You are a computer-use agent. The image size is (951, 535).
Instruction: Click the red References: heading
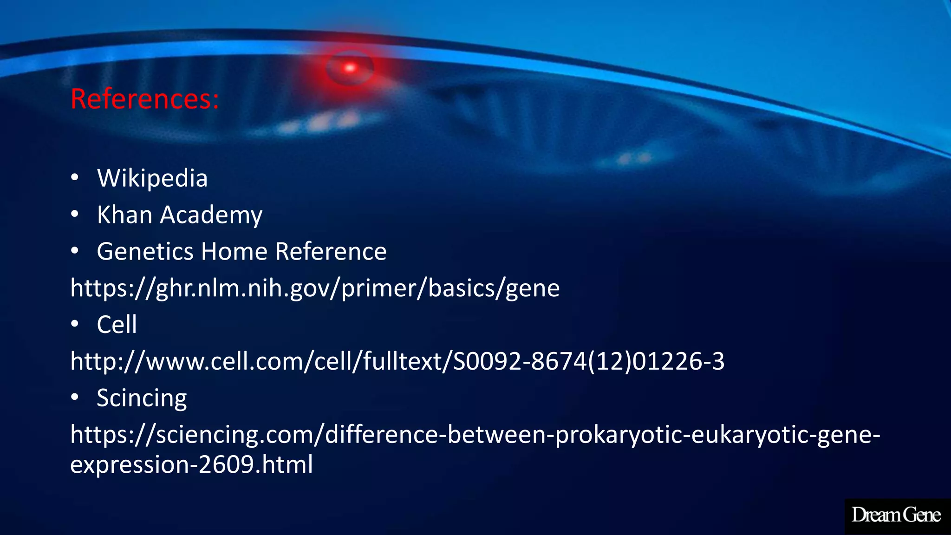(x=144, y=99)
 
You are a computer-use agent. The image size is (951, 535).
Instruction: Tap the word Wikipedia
(x=152, y=178)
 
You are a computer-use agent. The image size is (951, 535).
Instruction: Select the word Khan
(x=124, y=215)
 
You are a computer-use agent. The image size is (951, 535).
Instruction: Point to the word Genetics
(x=145, y=252)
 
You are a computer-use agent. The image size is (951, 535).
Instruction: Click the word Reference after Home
(x=331, y=252)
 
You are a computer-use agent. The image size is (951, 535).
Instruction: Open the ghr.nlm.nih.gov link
(x=315, y=288)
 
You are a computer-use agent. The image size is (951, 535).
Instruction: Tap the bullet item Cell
(x=117, y=325)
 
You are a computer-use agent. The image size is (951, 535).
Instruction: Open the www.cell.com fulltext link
(x=397, y=361)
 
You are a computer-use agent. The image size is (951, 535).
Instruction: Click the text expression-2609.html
(x=191, y=464)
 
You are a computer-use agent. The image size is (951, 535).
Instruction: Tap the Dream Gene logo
(x=896, y=515)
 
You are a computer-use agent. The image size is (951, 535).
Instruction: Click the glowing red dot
(x=350, y=68)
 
